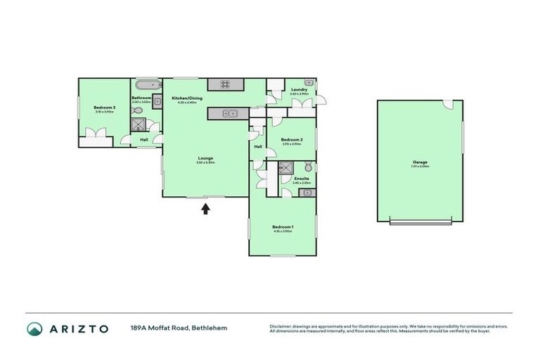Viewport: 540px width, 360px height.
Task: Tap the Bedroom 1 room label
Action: (282, 226)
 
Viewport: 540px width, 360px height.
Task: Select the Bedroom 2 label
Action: (292, 139)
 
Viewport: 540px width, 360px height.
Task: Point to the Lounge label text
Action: (205, 158)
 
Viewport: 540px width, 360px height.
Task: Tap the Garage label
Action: (420, 162)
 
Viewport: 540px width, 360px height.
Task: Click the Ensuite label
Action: (302, 179)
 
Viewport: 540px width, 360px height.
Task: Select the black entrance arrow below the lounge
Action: (205, 208)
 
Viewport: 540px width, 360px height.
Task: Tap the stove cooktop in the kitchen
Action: (226, 84)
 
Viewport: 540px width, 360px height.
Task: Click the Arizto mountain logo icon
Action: (34, 328)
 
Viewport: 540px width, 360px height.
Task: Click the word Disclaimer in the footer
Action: (281, 326)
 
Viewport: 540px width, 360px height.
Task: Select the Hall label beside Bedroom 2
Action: (257, 146)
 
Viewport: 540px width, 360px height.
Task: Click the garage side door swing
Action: (448, 105)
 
